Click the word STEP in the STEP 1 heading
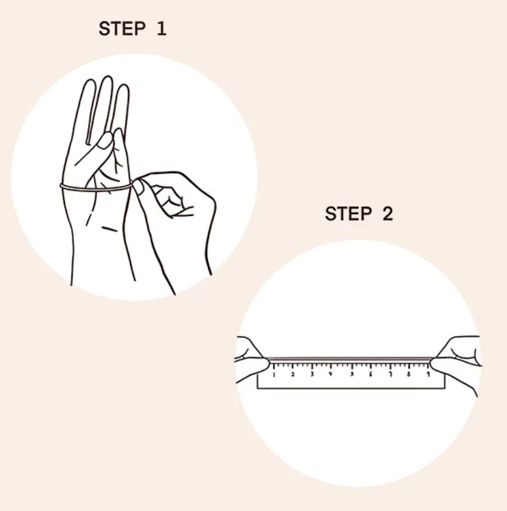122,29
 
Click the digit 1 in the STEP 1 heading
162,29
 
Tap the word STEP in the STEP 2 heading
348,213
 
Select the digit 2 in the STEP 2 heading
388,213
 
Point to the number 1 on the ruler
274,375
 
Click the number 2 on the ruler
293,375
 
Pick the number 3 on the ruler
312,375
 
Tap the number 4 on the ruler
331,375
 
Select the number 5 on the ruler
352,375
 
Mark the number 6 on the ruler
370,375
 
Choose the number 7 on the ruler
391,375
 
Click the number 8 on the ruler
409,375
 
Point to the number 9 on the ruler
428,375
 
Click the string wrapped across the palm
96,188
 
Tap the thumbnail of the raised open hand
105,140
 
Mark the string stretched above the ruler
350,359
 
